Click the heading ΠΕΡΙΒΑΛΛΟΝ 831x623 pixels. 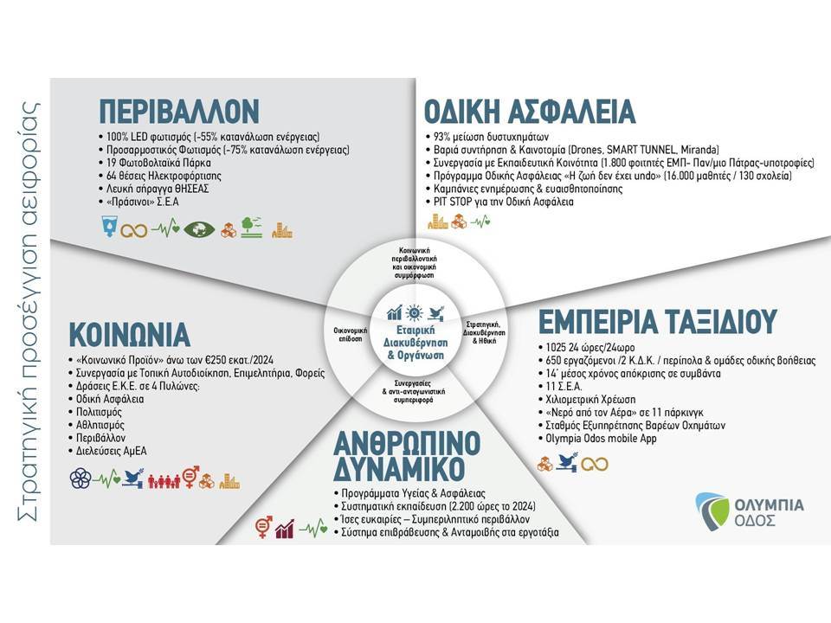point(179,112)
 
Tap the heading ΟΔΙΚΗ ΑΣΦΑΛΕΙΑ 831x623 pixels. point(530,112)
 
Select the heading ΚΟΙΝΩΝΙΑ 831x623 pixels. point(129,334)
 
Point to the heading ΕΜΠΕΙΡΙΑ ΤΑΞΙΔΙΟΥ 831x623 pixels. point(658,322)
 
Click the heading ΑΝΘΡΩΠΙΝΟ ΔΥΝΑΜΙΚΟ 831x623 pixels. point(407,456)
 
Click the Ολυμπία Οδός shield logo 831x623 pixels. point(711,511)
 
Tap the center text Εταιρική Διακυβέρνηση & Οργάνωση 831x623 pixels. point(415,343)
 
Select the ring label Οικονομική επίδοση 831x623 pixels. point(350,334)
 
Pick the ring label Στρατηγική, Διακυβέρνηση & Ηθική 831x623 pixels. point(484,332)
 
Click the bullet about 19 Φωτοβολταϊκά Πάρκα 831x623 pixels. point(155,163)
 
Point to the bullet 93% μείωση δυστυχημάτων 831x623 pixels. point(487,137)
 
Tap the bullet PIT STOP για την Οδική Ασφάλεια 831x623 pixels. point(499,202)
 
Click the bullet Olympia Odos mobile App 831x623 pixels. point(597,439)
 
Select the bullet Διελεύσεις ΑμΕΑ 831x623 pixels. point(107,452)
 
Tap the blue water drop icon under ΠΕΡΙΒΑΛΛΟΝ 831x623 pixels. point(109,226)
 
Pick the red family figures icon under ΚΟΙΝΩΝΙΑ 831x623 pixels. point(164,480)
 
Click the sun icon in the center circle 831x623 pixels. point(415,313)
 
